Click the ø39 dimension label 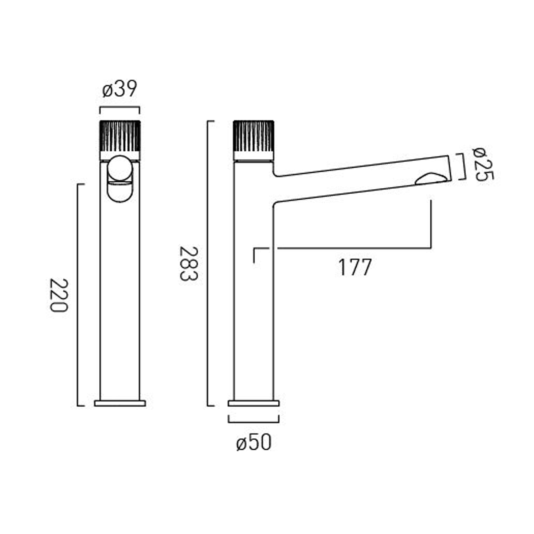tap(120, 89)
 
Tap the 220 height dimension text tap(58, 295)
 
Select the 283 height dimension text tap(188, 263)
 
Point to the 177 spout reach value tap(355, 267)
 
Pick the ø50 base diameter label tap(253, 443)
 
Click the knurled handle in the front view tap(120, 136)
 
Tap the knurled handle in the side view tap(253, 136)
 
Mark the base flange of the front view tap(120, 403)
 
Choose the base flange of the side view tap(253, 403)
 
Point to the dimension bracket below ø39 tap(120, 108)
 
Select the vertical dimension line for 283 tap(208, 263)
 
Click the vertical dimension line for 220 tap(78, 295)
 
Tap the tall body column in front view tap(120, 292)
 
